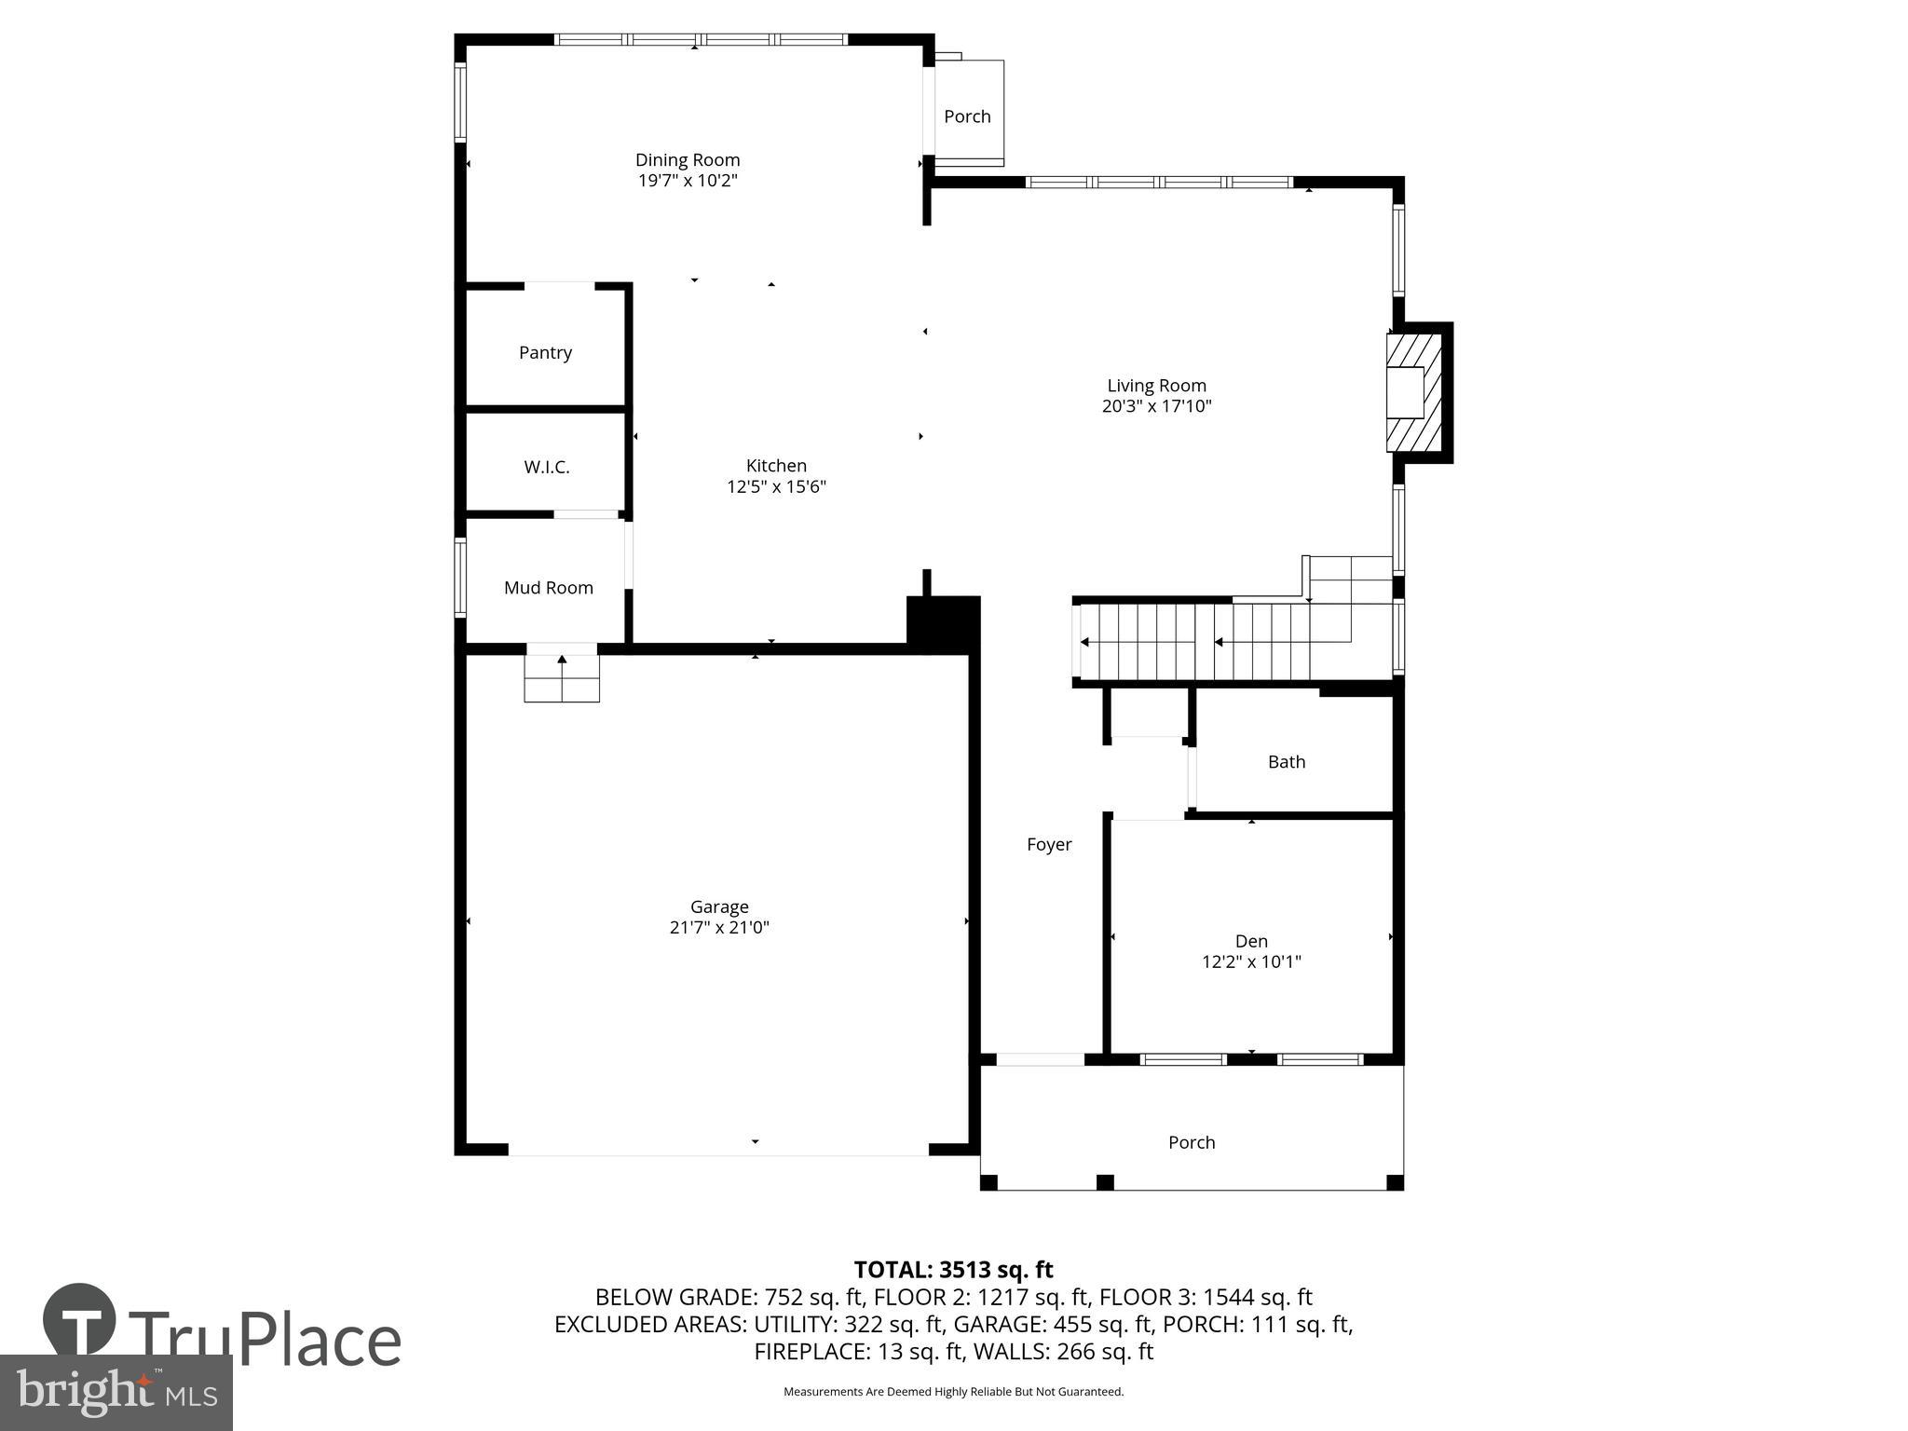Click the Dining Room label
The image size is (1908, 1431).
tap(688, 160)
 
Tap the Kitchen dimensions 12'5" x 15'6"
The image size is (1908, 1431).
tap(776, 486)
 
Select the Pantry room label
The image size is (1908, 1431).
tap(545, 352)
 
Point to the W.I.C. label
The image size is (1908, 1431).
tap(546, 467)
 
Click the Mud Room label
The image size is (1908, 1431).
tap(548, 588)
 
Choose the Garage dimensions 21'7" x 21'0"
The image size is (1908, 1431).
tap(719, 927)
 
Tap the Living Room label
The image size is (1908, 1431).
tap(1156, 386)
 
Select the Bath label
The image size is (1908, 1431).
tap(1286, 762)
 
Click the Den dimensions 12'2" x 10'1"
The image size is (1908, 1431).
tap(1251, 961)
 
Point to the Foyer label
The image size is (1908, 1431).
tap(1049, 845)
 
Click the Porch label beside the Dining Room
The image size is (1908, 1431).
tap(967, 116)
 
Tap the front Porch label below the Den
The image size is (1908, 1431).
tap(1192, 1142)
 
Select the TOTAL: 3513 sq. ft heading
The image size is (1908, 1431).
tap(953, 1270)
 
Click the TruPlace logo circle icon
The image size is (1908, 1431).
tap(79, 1320)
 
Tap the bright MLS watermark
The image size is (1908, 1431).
tap(116, 1393)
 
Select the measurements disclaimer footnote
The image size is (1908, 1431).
tap(953, 1392)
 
